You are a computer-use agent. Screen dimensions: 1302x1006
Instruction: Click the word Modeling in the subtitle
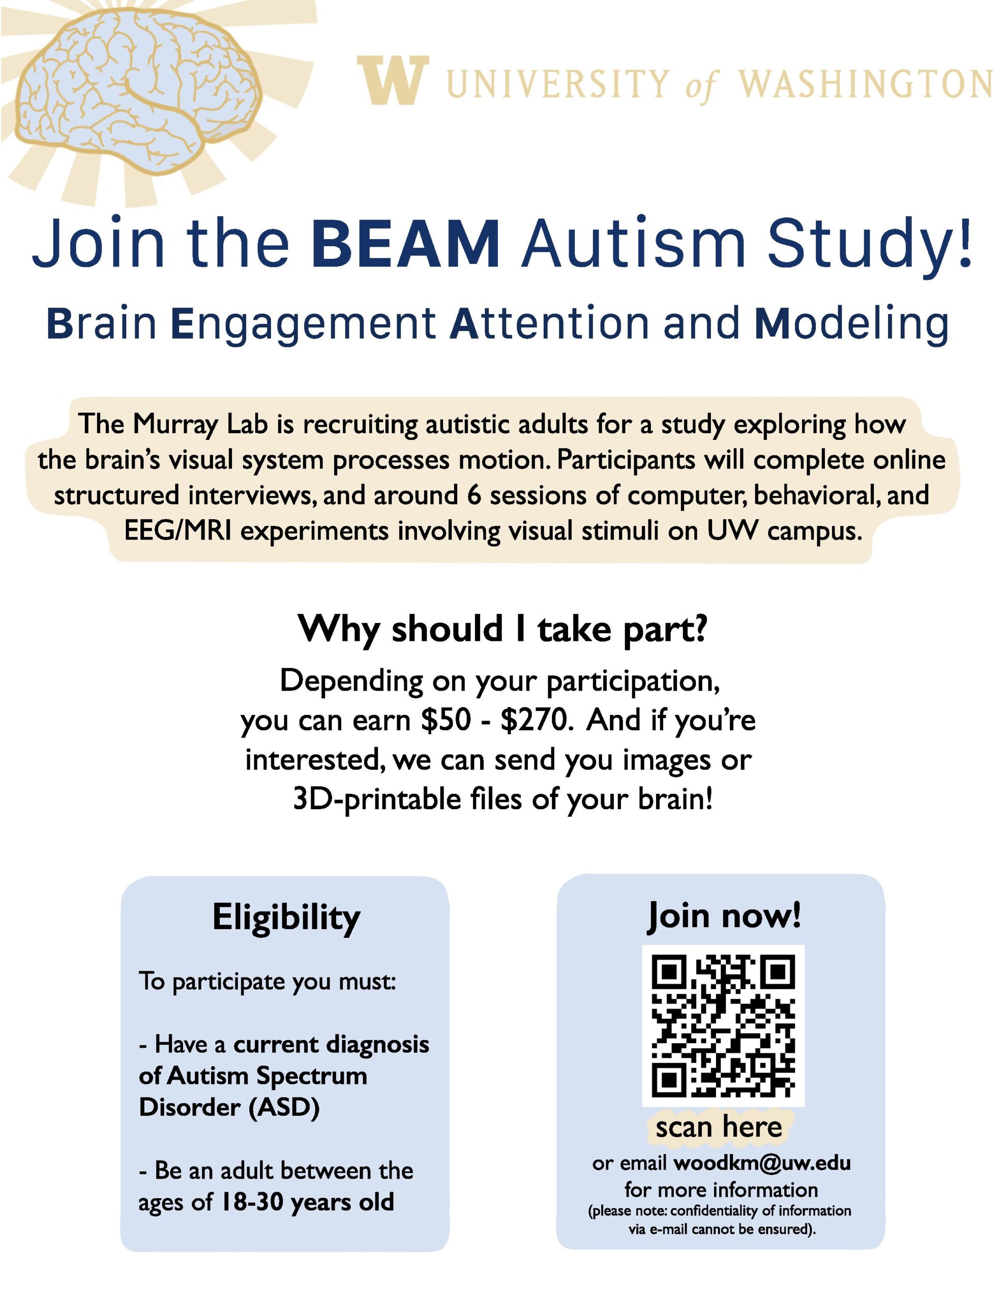(x=851, y=323)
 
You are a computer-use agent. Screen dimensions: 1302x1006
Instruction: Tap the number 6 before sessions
(x=474, y=495)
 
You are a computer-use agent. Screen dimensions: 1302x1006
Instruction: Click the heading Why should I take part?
(x=502, y=629)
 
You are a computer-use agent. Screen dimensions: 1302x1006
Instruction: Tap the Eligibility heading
(x=286, y=918)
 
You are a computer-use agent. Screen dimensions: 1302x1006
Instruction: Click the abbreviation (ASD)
(x=284, y=1107)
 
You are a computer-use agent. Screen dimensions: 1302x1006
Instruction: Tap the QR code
(x=723, y=1025)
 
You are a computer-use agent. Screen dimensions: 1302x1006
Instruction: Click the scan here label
(x=718, y=1127)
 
